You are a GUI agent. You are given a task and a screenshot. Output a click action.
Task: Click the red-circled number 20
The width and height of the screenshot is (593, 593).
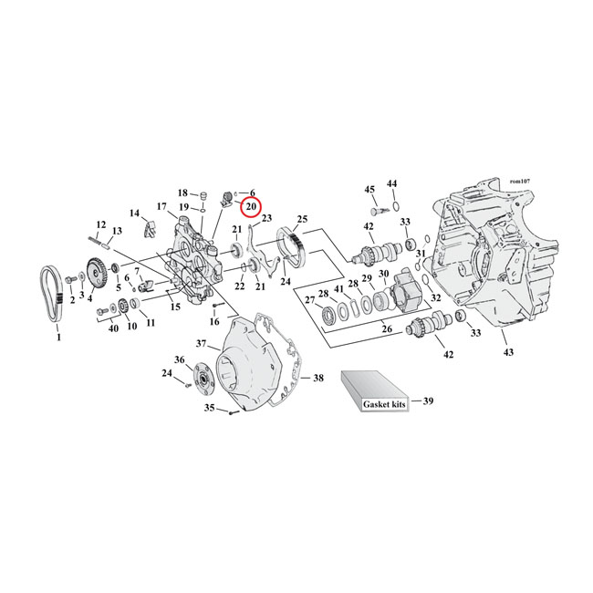click(251, 208)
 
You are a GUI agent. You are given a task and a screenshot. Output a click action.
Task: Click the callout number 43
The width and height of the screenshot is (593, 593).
click(508, 350)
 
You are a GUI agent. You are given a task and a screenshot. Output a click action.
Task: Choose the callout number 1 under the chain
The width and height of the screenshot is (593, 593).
click(59, 338)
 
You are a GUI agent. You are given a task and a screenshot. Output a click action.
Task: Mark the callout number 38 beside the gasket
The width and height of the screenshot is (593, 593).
click(317, 377)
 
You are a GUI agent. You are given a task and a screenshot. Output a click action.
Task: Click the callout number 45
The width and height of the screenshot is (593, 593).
click(369, 190)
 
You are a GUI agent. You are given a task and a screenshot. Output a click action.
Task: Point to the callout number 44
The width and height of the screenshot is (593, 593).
click(392, 184)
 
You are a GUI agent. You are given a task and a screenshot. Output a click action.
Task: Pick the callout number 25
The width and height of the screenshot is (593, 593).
click(302, 220)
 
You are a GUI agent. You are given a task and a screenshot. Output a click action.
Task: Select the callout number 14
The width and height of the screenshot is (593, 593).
click(135, 213)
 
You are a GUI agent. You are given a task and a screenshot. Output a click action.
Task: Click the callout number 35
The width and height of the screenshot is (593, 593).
click(208, 408)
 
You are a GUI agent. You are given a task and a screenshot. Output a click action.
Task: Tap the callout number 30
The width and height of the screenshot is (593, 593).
click(383, 275)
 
